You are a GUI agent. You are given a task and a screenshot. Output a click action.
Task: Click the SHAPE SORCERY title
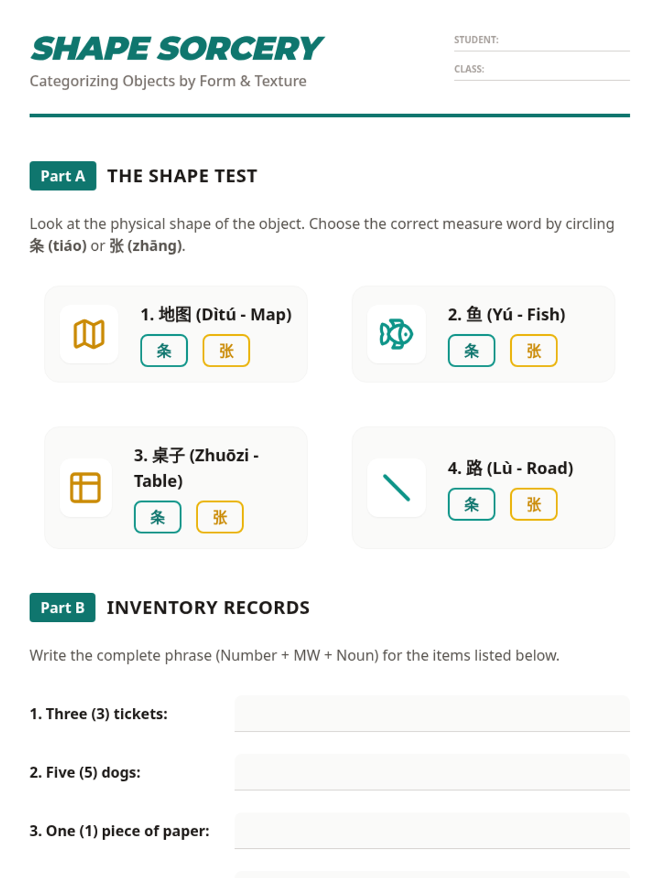[177, 49]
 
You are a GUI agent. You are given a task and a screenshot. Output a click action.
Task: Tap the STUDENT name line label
[476, 40]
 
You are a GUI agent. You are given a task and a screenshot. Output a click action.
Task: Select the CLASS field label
[469, 69]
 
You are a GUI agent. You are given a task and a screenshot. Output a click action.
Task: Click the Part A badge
[63, 176]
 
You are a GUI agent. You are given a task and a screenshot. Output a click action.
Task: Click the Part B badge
[63, 607]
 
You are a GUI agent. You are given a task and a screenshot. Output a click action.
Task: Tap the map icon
[89, 334]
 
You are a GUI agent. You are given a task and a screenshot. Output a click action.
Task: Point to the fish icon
[396, 334]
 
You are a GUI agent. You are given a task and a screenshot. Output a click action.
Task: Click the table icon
[85, 488]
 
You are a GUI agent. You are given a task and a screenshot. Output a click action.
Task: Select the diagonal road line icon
[396, 488]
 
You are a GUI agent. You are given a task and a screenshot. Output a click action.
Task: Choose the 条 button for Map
[164, 351]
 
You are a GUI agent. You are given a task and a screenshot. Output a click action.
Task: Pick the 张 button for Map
[226, 351]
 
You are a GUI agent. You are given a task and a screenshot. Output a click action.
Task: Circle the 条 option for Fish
[471, 351]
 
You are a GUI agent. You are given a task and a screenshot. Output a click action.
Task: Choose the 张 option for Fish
[534, 351]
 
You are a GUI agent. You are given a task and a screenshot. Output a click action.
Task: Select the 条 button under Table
[158, 517]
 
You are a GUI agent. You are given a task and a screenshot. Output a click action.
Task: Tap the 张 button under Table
[220, 517]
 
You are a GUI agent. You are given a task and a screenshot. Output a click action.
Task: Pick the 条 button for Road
[471, 504]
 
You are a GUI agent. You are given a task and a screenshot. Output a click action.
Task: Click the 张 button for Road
[534, 504]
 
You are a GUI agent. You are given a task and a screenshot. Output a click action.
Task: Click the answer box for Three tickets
[432, 713]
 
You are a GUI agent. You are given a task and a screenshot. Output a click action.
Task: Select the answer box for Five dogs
[432, 773]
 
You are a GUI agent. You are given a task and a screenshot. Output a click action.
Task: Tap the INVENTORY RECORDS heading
[208, 607]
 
